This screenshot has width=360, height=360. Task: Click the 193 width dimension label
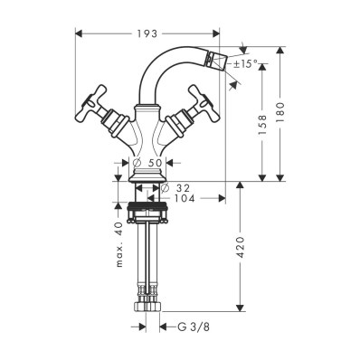coord(147,33)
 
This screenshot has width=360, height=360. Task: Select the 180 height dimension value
coord(280,112)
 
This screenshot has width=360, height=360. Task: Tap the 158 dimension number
coord(262,125)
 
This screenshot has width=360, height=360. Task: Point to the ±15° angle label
coord(246,63)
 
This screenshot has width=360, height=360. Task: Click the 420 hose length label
coord(240,248)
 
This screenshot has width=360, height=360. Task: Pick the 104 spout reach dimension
coord(184,198)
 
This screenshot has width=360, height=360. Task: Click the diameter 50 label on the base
coord(147,163)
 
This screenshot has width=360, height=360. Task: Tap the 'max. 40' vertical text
coord(119,244)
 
